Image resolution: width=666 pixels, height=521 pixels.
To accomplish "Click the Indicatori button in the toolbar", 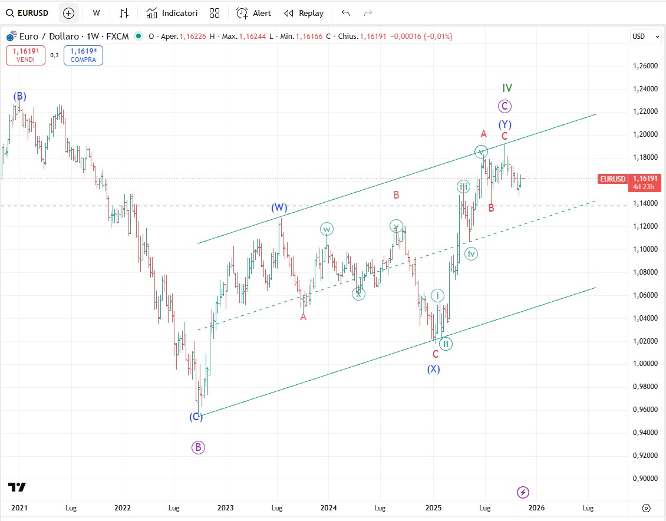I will [172, 13].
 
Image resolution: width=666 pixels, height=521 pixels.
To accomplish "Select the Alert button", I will [254, 13].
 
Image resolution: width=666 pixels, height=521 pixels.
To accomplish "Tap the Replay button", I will [304, 13].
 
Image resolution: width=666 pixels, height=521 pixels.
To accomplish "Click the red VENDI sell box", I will [25, 55].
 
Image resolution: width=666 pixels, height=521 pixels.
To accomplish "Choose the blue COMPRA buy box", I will [83, 55].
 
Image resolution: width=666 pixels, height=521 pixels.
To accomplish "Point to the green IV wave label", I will [507, 88].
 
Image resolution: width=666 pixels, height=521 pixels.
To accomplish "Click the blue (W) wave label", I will [279, 207].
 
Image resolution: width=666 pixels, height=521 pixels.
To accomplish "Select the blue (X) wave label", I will [434, 369].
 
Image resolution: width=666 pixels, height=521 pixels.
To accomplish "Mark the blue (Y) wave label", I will [505, 124].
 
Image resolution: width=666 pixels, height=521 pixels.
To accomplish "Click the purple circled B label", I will [198, 447].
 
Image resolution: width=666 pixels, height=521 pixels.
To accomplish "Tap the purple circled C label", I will [504, 106].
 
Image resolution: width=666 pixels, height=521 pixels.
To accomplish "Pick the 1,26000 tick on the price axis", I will [645, 66].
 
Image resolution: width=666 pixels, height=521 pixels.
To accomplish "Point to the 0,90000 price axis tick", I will [645, 479].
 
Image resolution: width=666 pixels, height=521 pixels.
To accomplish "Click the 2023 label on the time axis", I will [226, 507].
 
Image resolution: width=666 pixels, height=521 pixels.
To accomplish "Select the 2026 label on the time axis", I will [536, 507].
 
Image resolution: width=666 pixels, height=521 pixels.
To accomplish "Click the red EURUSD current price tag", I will [612, 179].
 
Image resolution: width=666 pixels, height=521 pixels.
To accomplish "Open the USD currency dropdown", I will [646, 37].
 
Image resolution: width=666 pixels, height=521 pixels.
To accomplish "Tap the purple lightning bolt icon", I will [523, 492].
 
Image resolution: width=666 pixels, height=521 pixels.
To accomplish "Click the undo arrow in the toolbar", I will [345, 13].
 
